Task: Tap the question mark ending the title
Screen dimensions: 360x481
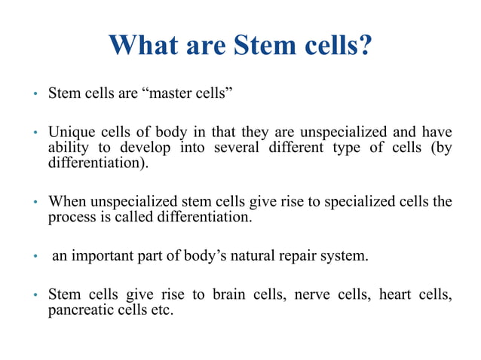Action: [x=364, y=44]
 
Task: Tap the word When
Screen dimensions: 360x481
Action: [x=66, y=202]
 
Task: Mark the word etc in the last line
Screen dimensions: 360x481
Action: [x=161, y=309]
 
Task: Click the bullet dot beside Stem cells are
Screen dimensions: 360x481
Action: [x=34, y=95]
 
